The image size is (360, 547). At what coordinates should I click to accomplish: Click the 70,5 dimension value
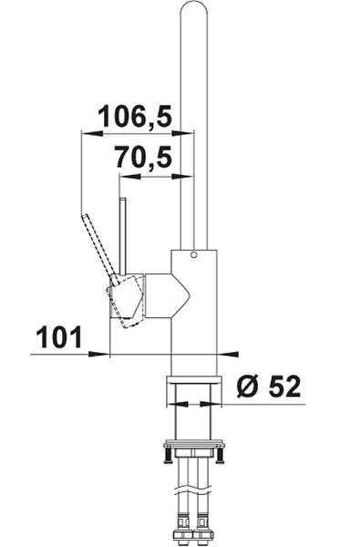pos(144,158)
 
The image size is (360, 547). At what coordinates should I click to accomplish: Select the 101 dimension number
pos(58,337)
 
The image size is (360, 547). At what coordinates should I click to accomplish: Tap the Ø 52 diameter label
pos(268,387)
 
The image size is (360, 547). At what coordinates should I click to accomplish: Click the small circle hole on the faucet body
pos(194,254)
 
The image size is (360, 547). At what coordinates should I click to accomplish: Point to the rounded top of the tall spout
pos(194,6)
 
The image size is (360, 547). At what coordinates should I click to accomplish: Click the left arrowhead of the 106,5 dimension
pos(92,133)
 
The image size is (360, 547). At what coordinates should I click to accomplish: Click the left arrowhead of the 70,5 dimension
pos(130,177)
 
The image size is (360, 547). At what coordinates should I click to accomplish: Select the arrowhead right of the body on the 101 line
pos(228,354)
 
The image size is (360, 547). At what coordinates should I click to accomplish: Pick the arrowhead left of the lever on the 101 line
pos(99,354)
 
